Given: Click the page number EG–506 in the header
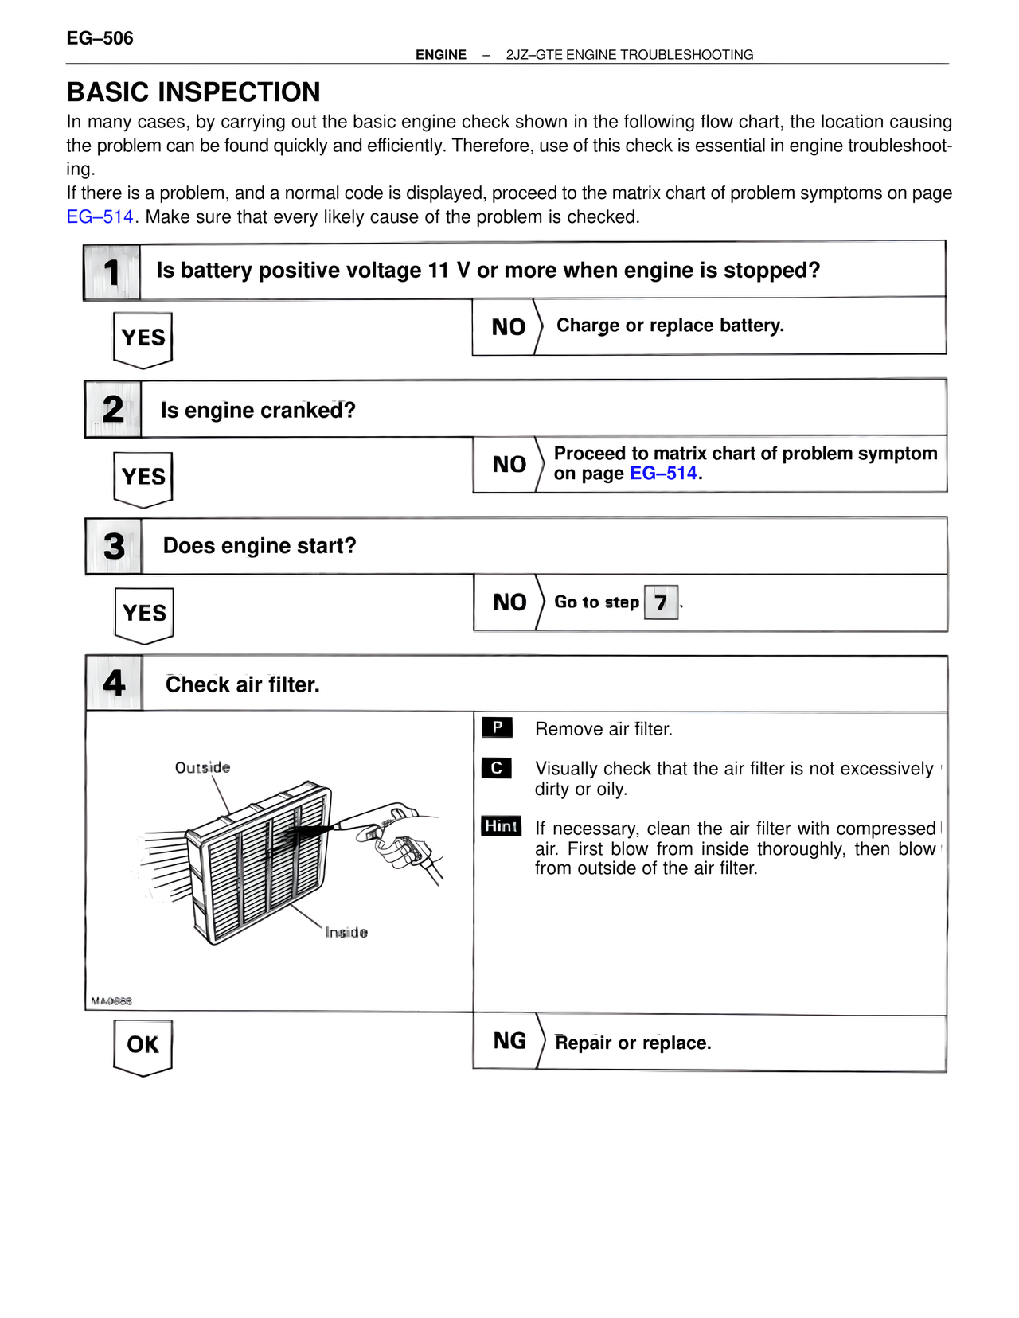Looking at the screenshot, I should pyautogui.click(x=100, y=38).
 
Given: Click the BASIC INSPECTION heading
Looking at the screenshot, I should pyautogui.click(x=193, y=92).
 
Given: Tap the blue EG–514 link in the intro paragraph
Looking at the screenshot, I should pyautogui.click(x=100, y=216).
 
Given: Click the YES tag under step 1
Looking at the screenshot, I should pyautogui.click(x=143, y=338).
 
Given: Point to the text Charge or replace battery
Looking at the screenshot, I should pyautogui.click(x=670, y=326).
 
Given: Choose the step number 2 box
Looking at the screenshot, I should pyautogui.click(x=113, y=410).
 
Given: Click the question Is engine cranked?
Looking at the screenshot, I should pyautogui.click(x=258, y=410).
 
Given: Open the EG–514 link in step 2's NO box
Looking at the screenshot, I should pyautogui.click(x=663, y=474).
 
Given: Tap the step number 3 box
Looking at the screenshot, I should pyautogui.click(x=114, y=546).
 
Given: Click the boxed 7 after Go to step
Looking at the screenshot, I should pyautogui.click(x=661, y=602).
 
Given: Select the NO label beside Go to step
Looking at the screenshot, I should pyautogui.click(x=509, y=602).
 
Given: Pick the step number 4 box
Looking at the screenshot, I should pyautogui.click(x=114, y=683).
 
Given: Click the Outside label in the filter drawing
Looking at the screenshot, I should pyautogui.click(x=202, y=768).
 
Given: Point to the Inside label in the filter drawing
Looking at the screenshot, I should pyautogui.click(x=346, y=932).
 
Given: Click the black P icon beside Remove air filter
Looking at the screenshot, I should pyautogui.click(x=497, y=727).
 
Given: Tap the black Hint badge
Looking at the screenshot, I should pyautogui.click(x=501, y=826).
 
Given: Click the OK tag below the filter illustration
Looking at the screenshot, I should pyautogui.click(x=143, y=1045).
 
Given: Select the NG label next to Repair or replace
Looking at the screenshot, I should pyautogui.click(x=509, y=1041).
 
